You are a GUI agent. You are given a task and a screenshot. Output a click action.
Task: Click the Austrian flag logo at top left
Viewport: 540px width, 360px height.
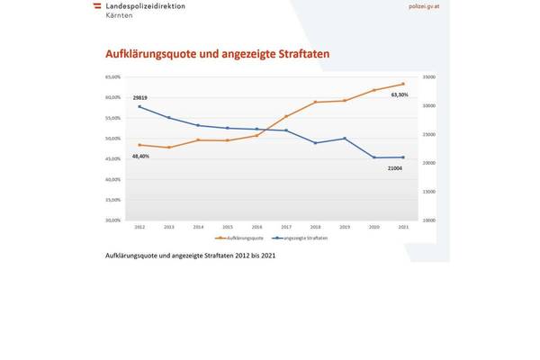[x=96, y=6]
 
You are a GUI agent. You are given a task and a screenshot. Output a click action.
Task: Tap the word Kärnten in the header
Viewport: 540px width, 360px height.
[x=120, y=16]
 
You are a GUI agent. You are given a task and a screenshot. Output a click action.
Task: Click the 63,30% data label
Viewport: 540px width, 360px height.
[x=399, y=94]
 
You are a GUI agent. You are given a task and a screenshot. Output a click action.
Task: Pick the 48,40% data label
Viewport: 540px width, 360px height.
[x=140, y=157]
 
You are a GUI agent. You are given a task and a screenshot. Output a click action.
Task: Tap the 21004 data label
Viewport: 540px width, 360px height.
[x=395, y=168]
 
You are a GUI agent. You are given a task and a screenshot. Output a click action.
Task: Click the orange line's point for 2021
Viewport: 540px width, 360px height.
[x=402, y=85]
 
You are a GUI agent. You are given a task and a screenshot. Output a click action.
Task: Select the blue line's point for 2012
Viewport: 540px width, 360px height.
[x=139, y=106]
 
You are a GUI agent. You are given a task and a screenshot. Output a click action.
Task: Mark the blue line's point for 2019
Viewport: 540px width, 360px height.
[x=344, y=139]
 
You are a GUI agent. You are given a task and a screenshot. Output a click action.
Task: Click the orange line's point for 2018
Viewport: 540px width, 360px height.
[x=315, y=103]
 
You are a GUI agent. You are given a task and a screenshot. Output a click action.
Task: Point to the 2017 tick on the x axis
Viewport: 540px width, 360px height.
[x=286, y=227]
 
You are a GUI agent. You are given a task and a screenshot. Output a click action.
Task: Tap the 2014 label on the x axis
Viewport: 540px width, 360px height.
[x=198, y=227]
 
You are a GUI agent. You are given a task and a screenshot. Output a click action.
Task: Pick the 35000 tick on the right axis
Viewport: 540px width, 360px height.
[x=430, y=77]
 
